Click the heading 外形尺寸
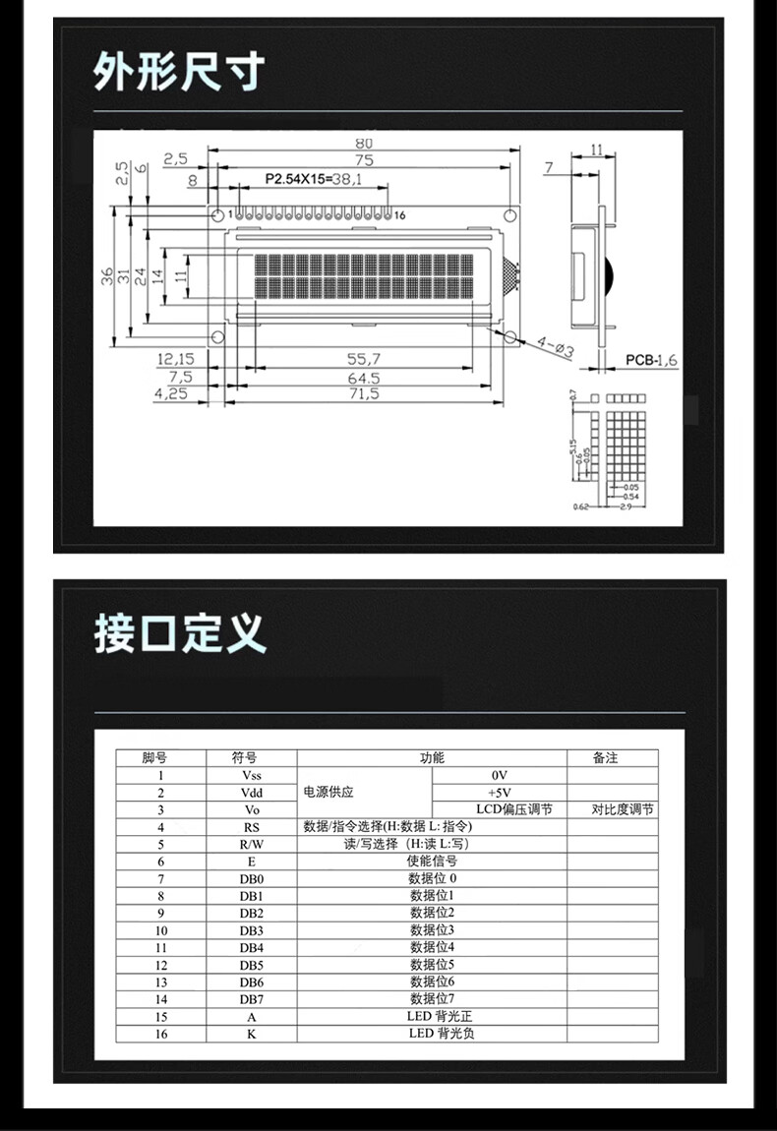pyautogui.click(x=179, y=72)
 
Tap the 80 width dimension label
pyautogui.click(x=363, y=143)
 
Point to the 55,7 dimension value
pyautogui.click(x=363, y=360)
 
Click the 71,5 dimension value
pyautogui.click(x=363, y=393)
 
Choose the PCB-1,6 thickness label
pyautogui.click(x=651, y=360)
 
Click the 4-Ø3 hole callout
pyautogui.click(x=556, y=347)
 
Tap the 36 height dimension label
pyautogui.click(x=106, y=276)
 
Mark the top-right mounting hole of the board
pyautogui.click(x=509, y=215)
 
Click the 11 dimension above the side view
pyautogui.click(x=597, y=149)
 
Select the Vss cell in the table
pyautogui.click(x=251, y=775)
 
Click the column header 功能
pyautogui.click(x=432, y=757)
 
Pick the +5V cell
pyautogui.click(x=499, y=793)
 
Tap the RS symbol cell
pyautogui.click(x=251, y=827)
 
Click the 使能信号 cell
pyautogui.click(x=432, y=862)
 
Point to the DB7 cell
pyautogui.click(x=251, y=999)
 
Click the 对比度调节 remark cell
pyautogui.click(x=623, y=809)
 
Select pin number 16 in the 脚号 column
pyautogui.click(x=160, y=1034)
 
